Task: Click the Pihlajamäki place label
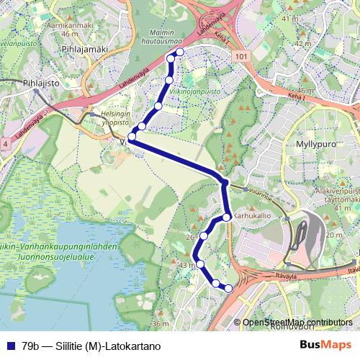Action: pyautogui.click(x=84, y=49)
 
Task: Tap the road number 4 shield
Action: pyautogui.click(x=5, y=144)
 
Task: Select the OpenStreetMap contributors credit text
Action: pyautogui.click(x=297, y=323)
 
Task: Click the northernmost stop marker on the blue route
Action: pyautogui.click(x=179, y=53)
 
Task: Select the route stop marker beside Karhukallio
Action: pyautogui.click(x=226, y=217)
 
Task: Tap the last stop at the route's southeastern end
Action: pyautogui.click(x=229, y=289)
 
